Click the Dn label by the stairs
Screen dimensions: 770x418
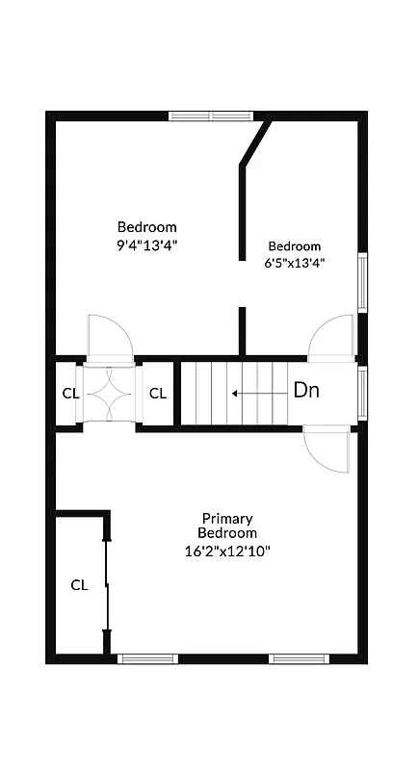[305, 391]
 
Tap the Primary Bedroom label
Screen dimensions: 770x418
[227, 525]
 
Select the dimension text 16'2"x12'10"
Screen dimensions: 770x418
[227, 551]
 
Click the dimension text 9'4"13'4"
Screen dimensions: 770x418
[147, 244]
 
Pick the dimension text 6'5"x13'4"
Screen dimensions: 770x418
[295, 262]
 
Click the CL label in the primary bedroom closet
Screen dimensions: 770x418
[79, 584]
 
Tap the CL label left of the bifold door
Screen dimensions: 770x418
[70, 393]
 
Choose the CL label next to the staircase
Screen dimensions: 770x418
[158, 393]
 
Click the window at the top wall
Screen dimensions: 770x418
[211, 116]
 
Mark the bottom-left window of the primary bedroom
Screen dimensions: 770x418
[147, 659]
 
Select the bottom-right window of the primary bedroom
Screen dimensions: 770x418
[299, 659]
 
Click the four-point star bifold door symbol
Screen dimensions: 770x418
[108, 393]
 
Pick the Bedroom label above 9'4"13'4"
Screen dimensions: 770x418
[147, 227]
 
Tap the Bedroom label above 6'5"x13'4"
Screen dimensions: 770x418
[295, 245]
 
